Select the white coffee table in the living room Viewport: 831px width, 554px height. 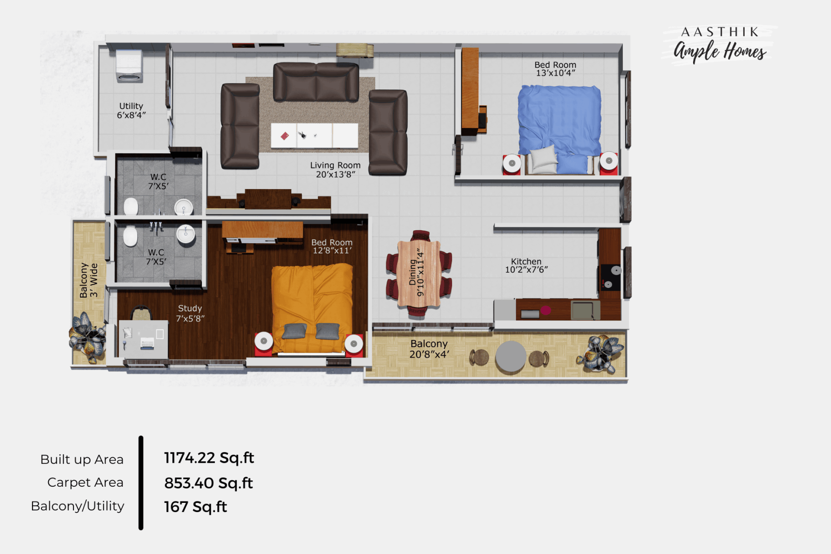click(x=315, y=136)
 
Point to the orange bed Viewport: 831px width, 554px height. click(x=312, y=308)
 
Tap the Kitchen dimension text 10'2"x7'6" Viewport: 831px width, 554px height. click(x=526, y=270)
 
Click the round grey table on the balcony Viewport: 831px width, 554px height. click(x=511, y=356)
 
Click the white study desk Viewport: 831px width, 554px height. click(x=143, y=339)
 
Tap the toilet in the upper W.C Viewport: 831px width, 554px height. click(x=131, y=207)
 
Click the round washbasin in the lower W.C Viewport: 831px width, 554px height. click(x=186, y=234)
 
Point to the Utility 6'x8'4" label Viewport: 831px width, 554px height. click(x=131, y=110)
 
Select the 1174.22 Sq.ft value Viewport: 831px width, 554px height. click(x=209, y=458)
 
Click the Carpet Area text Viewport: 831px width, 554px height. click(x=85, y=482)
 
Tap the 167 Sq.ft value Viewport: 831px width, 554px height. click(x=196, y=507)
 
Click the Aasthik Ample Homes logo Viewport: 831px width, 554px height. click(x=720, y=44)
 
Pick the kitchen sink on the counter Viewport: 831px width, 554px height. click(x=586, y=310)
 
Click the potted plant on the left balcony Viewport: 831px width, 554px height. click(x=87, y=337)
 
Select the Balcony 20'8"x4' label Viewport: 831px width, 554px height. click(x=429, y=349)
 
